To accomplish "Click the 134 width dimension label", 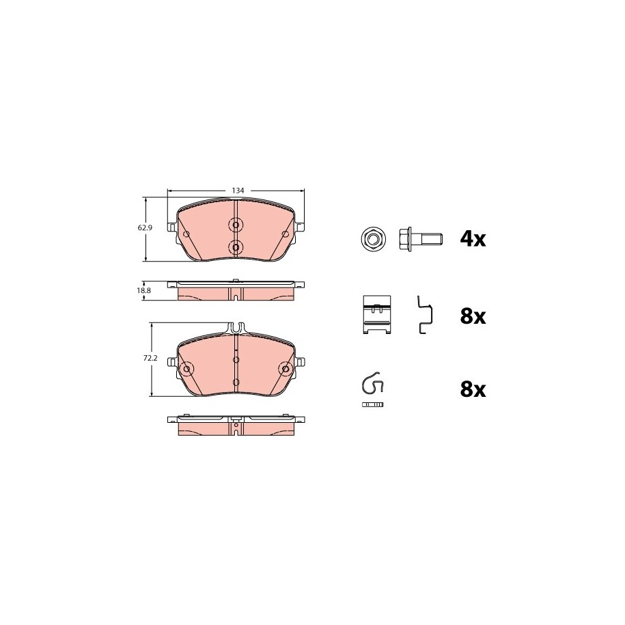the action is click(x=238, y=191).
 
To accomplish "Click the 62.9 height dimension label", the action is click(x=145, y=228).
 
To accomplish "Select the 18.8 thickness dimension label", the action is click(x=144, y=290).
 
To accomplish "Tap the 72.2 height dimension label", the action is click(x=150, y=359).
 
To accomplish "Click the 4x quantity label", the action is click(x=473, y=239).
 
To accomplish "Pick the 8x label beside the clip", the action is click(x=473, y=316).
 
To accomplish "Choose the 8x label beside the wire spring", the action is click(x=473, y=389).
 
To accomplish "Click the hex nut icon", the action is click(x=372, y=240).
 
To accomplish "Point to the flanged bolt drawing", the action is click(x=420, y=240).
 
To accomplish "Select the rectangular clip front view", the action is click(x=377, y=314).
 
